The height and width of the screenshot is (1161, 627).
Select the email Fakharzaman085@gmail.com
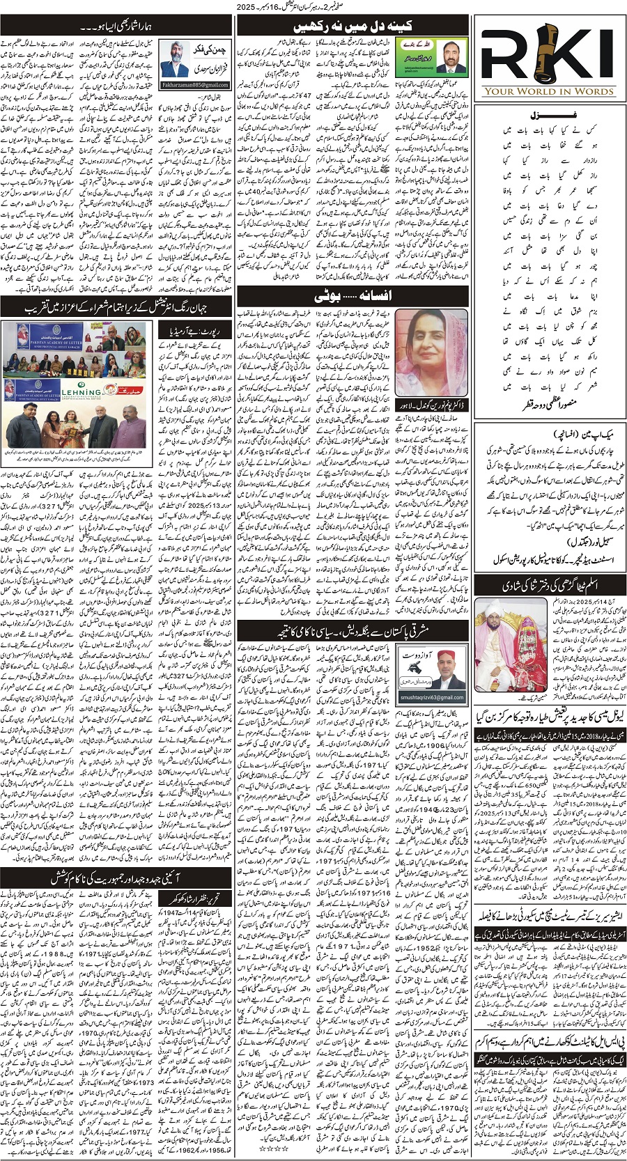click(x=195, y=85)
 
